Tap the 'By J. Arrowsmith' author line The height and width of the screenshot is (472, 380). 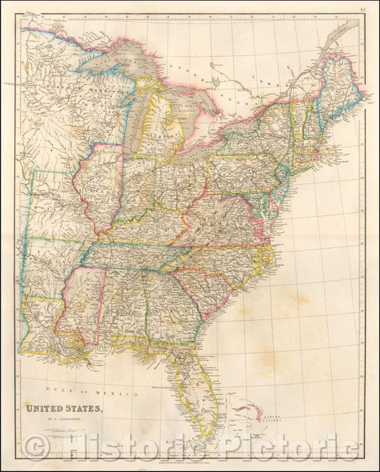(x=53, y=420)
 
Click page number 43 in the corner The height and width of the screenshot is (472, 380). (x=364, y=9)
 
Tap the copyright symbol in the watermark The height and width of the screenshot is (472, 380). (x=31, y=448)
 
